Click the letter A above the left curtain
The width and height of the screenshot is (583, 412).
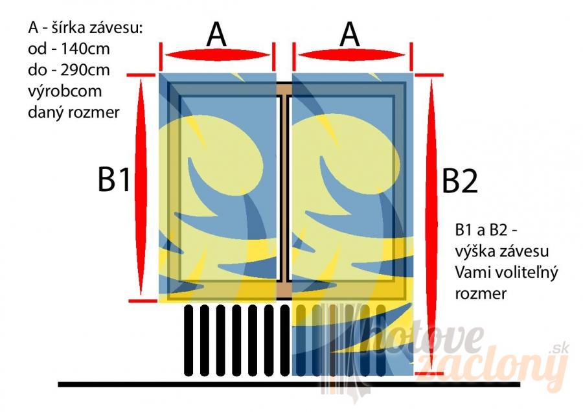pos(216,35)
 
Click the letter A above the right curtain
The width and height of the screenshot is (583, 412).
pos(350,35)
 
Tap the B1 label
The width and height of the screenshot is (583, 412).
pos(115,180)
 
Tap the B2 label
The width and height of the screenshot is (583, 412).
pos(460,181)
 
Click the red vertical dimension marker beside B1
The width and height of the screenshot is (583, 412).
pos(141,188)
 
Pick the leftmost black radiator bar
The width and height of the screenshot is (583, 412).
pos(189,340)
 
